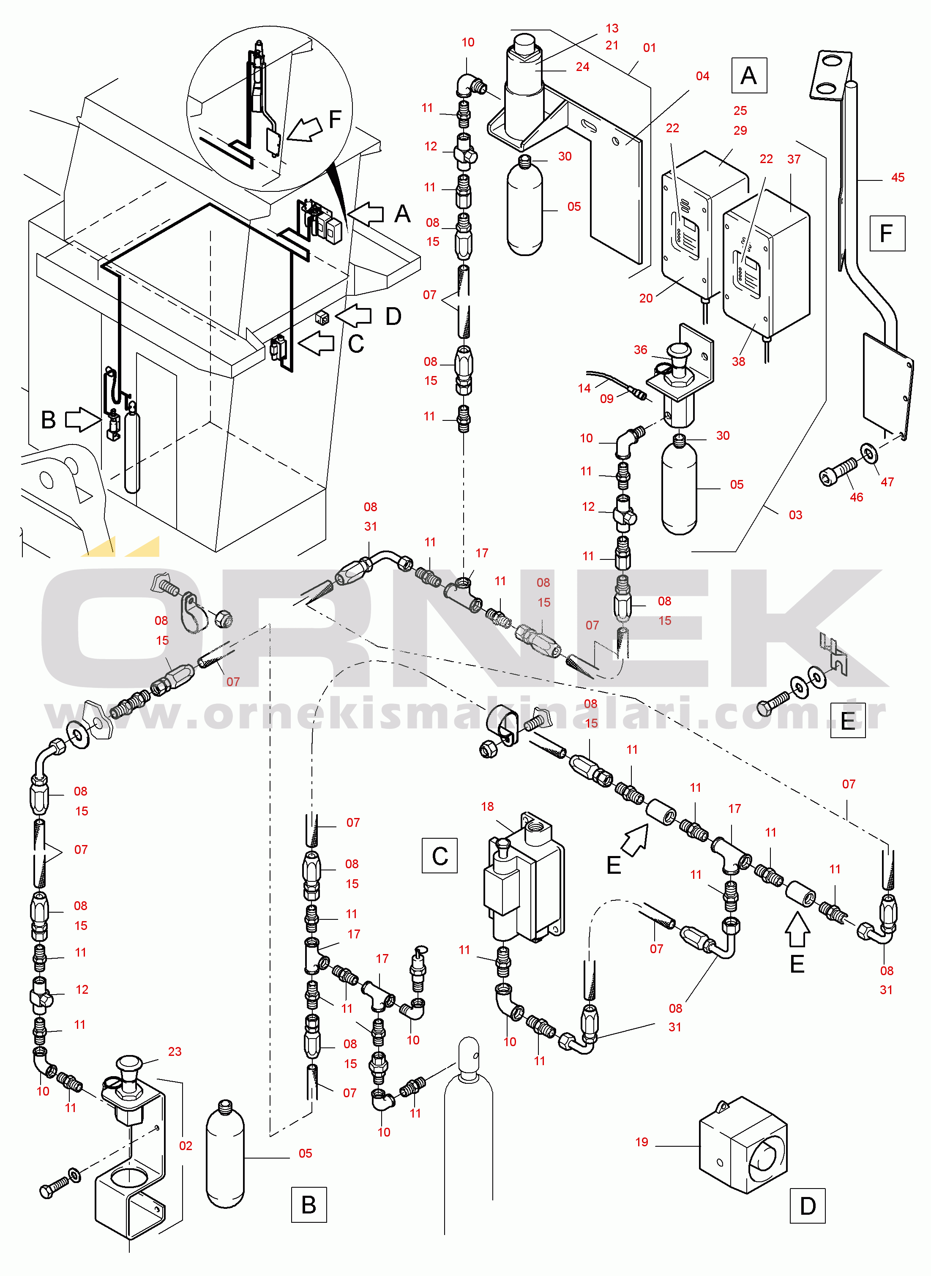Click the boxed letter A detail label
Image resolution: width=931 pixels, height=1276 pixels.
(x=748, y=76)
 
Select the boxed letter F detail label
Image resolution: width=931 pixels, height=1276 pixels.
(x=887, y=233)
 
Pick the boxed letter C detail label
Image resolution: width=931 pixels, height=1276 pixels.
(x=439, y=856)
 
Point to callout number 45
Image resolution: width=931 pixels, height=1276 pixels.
(x=898, y=177)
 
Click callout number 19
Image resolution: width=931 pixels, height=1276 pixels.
(x=642, y=1142)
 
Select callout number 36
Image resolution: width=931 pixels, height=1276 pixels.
(x=640, y=350)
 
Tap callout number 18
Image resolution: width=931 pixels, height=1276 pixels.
(x=488, y=806)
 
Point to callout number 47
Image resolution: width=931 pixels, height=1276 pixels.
(x=887, y=482)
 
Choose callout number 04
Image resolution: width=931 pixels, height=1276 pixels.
(x=702, y=76)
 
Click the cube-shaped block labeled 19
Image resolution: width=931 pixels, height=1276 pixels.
(x=743, y=1146)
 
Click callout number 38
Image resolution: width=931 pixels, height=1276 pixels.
(x=738, y=362)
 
